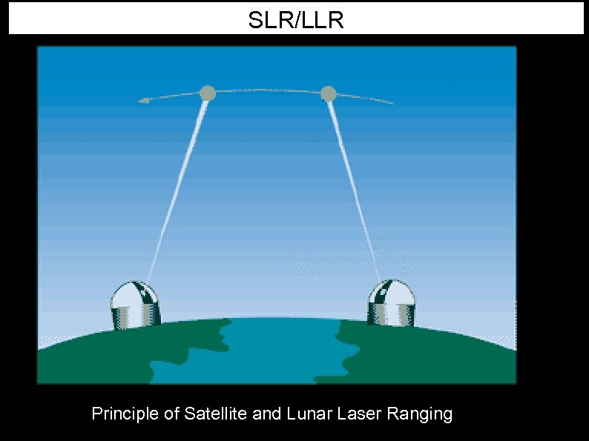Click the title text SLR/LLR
point(296,21)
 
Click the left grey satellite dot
point(208,93)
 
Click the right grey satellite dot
point(329,94)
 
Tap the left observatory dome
point(134,294)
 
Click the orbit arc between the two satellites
point(267,90)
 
